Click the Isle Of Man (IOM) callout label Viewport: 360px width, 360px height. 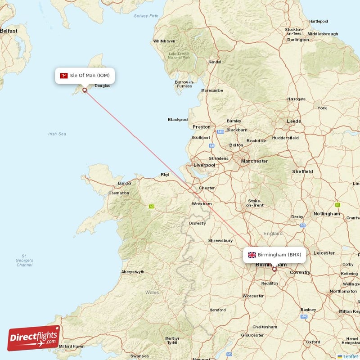pyautogui.click(x=85, y=75)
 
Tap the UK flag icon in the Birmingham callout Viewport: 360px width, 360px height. pyautogui.click(x=252, y=255)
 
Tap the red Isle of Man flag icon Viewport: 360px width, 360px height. pyautogui.click(x=63, y=75)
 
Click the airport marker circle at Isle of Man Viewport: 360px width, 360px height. pyautogui.click(x=84, y=90)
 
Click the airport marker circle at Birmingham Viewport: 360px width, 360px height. pyautogui.click(x=274, y=269)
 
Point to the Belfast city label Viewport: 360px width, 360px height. pyautogui.click(x=8, y=31)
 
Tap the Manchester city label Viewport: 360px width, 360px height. pyautogui.click(x=254, y=161)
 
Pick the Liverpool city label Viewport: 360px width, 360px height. pyautogui.click(x=204, y=165)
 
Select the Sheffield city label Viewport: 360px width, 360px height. pyautogui.click(x=302, y=171)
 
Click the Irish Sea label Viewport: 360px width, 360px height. pyautogui.click(x=57, y=134)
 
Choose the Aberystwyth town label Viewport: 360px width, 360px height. pyautogui.click(x=133, y=272)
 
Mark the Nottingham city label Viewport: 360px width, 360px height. pyautogui.click(x=327, y=214)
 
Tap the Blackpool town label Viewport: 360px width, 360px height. pyautogui.click(x=178, y=120)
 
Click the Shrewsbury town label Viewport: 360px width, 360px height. pyautogui.click(x=220, y=241)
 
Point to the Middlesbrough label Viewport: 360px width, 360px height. pyautogui.click(x=323, y=34)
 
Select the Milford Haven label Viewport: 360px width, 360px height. pyautogui.click(x=72, y=346)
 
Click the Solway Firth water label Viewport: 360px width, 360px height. pyautogui.click(x=146, y=16)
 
